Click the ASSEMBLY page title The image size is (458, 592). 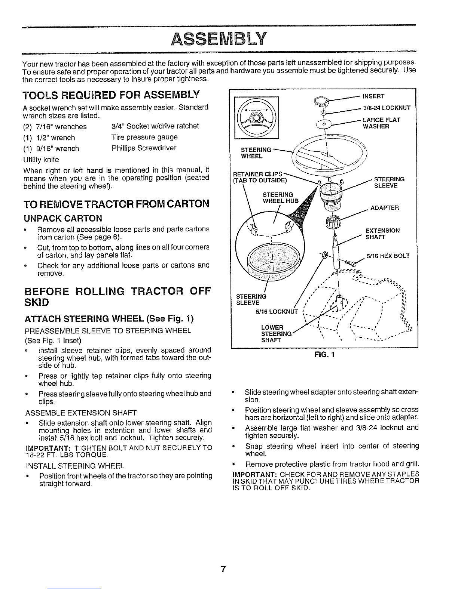(x=218, y=39)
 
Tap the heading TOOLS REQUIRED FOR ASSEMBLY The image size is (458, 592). (x=111, y=95)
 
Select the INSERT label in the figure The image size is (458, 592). (x=373, y=96)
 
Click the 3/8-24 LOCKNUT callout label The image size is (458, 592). (x=387, y=108)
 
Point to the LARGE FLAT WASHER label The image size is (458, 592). (x=381, y=123)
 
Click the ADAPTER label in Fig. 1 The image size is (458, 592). (x=384, y=208)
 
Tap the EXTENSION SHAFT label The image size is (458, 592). (x=382, y=234)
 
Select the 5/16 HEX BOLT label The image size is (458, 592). (x=388, y=256)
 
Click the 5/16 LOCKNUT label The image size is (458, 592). (x=277, y=312)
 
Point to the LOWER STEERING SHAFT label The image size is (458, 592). (x=276, y=334)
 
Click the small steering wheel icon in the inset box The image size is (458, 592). (x=256, y=118)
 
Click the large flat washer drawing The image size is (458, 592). (x=324, y=124)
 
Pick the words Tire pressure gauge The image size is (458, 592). (x=144, y=137)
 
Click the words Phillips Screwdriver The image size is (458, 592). (x=144, y=148)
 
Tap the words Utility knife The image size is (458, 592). (x=41, y=159)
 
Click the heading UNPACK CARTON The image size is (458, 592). (x=63, y=218)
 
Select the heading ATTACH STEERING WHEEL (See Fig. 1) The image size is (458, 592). (x=109, y=318)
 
